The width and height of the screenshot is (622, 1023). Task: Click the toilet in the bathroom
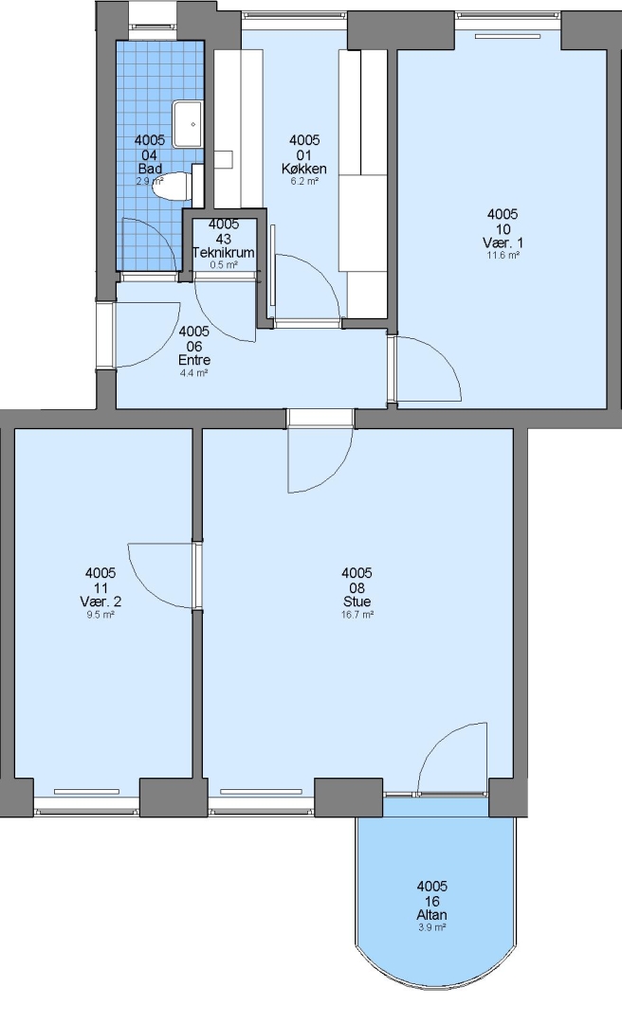pyautogui.click(x=173, y=186)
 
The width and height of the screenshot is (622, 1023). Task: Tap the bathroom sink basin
pyautogui.click(x=188, y=123)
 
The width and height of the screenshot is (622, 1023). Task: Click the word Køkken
pyautogui.click(x=304, y=169)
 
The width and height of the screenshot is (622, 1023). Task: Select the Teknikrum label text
pyautogui.click(x=224, y=253)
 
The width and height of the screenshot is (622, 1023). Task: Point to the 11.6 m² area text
pyautogui.click(x=503, y=255)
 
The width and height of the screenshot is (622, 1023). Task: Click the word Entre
pyautogui.click(x=194, y=360)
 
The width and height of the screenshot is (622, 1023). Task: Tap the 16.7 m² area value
pyautogui.click(x=357, y=614)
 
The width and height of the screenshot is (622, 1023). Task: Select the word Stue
pyautogui.click(x=357, y=601)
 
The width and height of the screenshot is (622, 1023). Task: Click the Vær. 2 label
pyautogui.click(x=101, y=601)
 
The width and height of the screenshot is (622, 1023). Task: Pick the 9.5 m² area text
pyautogui.click(x=101, y=614)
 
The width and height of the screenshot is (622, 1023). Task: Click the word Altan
pyautogui.click(x=432, y=915)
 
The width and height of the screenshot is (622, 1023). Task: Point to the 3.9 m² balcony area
pyautogui.click(x=432, y=927)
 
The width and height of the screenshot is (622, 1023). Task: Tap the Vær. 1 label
pyautogui.click(x=503, y=242)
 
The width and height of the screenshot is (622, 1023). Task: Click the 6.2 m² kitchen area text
pyautogui.click(x=304, y=181)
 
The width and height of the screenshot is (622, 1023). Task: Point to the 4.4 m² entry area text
pyautogui.click(x=194, y=373)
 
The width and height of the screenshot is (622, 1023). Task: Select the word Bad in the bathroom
pyautogui.click(x=150, y=169)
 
